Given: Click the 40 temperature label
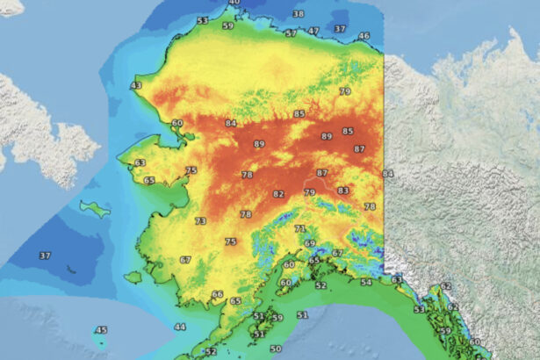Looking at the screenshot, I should point(234,3).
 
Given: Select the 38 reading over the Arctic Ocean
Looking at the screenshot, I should point(299,14).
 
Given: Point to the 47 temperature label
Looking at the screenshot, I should point(313,31).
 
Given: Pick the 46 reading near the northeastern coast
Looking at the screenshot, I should point(364,36).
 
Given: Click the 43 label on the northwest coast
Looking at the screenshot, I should point(135,85).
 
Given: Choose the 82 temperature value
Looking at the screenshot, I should point(278,194).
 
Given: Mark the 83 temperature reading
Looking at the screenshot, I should point(342,191).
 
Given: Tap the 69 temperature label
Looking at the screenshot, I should point(309,243).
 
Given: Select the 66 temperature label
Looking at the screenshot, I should point(218,294).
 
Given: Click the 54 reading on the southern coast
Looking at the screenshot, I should point(366,283).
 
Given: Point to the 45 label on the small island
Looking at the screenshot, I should point(101,330).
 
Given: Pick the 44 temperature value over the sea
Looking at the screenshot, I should point(180,327).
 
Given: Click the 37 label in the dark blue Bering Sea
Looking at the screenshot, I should point(44,256).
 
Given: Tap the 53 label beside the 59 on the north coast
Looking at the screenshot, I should point(203,20).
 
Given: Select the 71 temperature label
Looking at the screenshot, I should point(300,228).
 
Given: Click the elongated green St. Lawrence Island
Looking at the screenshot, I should point(94,208).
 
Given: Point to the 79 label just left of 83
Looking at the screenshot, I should point(309,192).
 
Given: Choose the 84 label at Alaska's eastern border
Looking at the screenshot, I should point(388,174).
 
